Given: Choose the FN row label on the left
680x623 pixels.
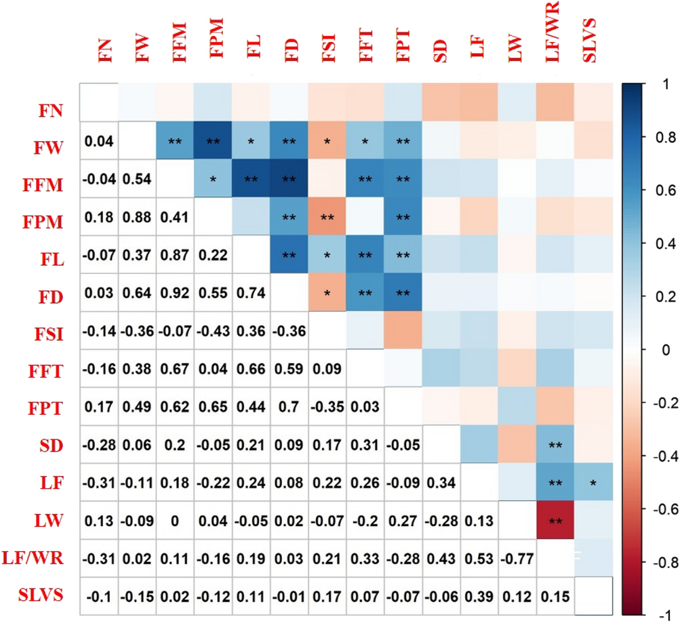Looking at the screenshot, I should (51, 108).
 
